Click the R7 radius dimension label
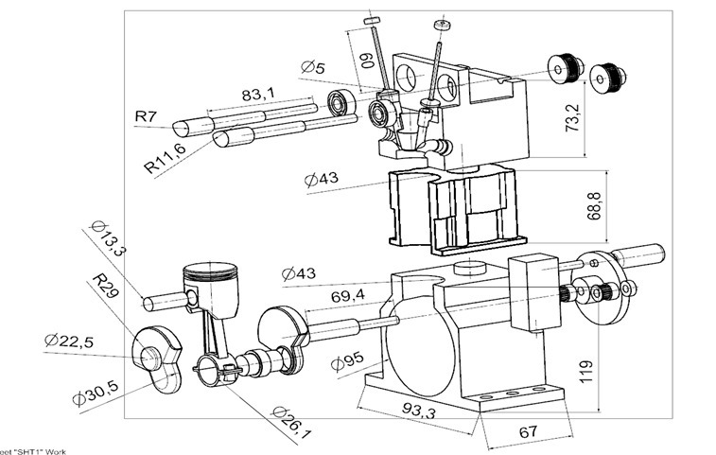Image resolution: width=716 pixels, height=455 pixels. click(x=146, y=116)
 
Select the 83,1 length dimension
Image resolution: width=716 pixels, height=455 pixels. click(x=258, y=95)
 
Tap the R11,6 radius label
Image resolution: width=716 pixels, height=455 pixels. click(x=166, y=153)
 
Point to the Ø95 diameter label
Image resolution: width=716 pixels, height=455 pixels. click(x=348, y=361)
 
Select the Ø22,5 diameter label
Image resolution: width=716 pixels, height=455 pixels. click(x=69, y=341)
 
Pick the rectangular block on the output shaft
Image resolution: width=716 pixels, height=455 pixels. click(x=534, y=291)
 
